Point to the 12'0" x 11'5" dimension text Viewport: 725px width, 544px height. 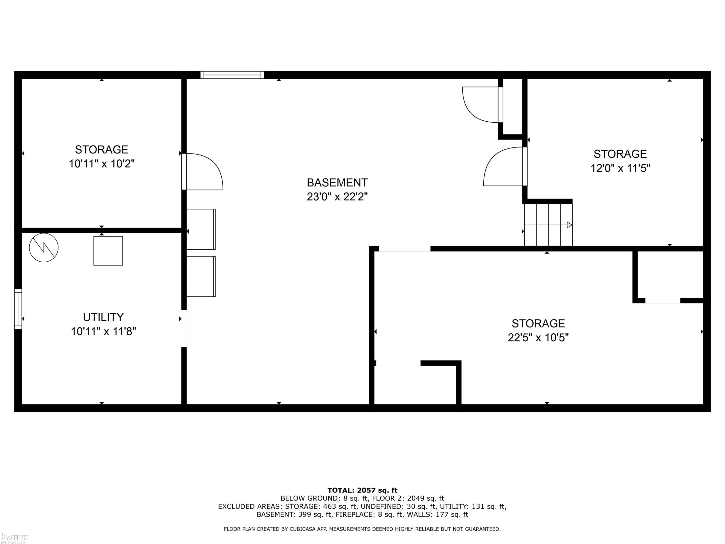click(620, 168)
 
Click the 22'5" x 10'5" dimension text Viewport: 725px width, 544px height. click(538, 338)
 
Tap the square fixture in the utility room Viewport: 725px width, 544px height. click(108, 251)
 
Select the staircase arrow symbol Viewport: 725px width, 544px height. click(570, 225)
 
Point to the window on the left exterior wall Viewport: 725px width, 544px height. click(18, 309)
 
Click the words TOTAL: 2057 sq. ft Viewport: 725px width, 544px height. click(362, 490)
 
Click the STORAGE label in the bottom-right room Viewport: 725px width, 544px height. click(538, 323)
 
